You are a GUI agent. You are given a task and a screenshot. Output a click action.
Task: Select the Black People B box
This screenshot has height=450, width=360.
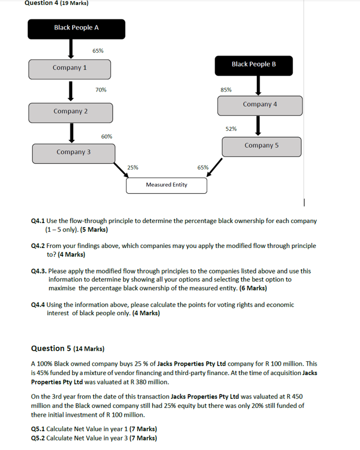pyautogui.click(x=253, y=65)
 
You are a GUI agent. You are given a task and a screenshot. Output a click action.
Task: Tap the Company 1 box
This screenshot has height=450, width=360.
pyautogui.click(x=70, y=69)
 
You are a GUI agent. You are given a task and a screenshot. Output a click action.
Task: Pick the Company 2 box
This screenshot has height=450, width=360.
pyautogui.click(x=70, y=112)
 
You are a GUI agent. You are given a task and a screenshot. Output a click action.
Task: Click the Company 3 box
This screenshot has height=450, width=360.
pyautogui.click(x=73, y=153)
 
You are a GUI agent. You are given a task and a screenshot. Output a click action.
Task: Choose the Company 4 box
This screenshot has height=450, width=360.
pyautogui.click(x=260, y=105)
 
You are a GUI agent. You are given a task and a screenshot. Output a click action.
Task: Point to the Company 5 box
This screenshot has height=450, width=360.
pyautogui.click(x=261, y=146)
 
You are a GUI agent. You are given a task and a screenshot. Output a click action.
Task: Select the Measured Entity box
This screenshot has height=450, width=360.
pyautogui.click(x=166, y=185)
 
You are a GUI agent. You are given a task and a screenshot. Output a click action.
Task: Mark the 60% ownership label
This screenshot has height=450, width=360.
pyautogui.click(x=107, y=136)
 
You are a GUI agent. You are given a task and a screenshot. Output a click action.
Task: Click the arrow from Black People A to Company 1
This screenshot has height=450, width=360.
pyautogui.click(x=71, y=49)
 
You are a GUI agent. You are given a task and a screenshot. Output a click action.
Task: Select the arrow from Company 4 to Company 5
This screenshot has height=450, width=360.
pyautogui.click(x=258, y=126)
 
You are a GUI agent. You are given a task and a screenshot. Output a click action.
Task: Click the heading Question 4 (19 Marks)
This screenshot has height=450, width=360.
pyautogui.click(x=49, y=3)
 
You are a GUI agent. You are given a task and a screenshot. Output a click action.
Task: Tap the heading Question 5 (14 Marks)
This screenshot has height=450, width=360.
pyautogui.click(x=67, y=348)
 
